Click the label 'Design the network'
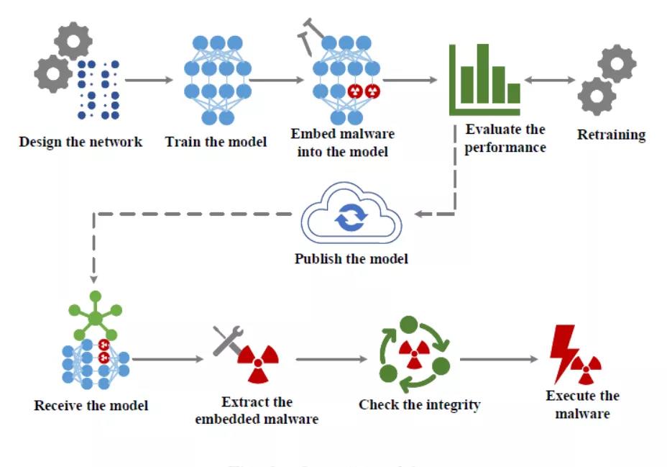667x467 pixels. point(80,141)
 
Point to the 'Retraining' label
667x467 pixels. point(611,135)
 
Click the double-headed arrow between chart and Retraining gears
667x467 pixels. point(550,80)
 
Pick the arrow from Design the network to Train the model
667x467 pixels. point(150,79)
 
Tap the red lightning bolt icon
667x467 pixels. point(563,353)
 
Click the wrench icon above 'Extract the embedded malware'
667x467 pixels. point(229,341)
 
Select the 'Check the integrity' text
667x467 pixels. point(419,404)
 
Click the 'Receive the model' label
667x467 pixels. point(91,405)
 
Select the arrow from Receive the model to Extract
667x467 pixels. point(167,358)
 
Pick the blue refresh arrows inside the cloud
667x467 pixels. point(351,218)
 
